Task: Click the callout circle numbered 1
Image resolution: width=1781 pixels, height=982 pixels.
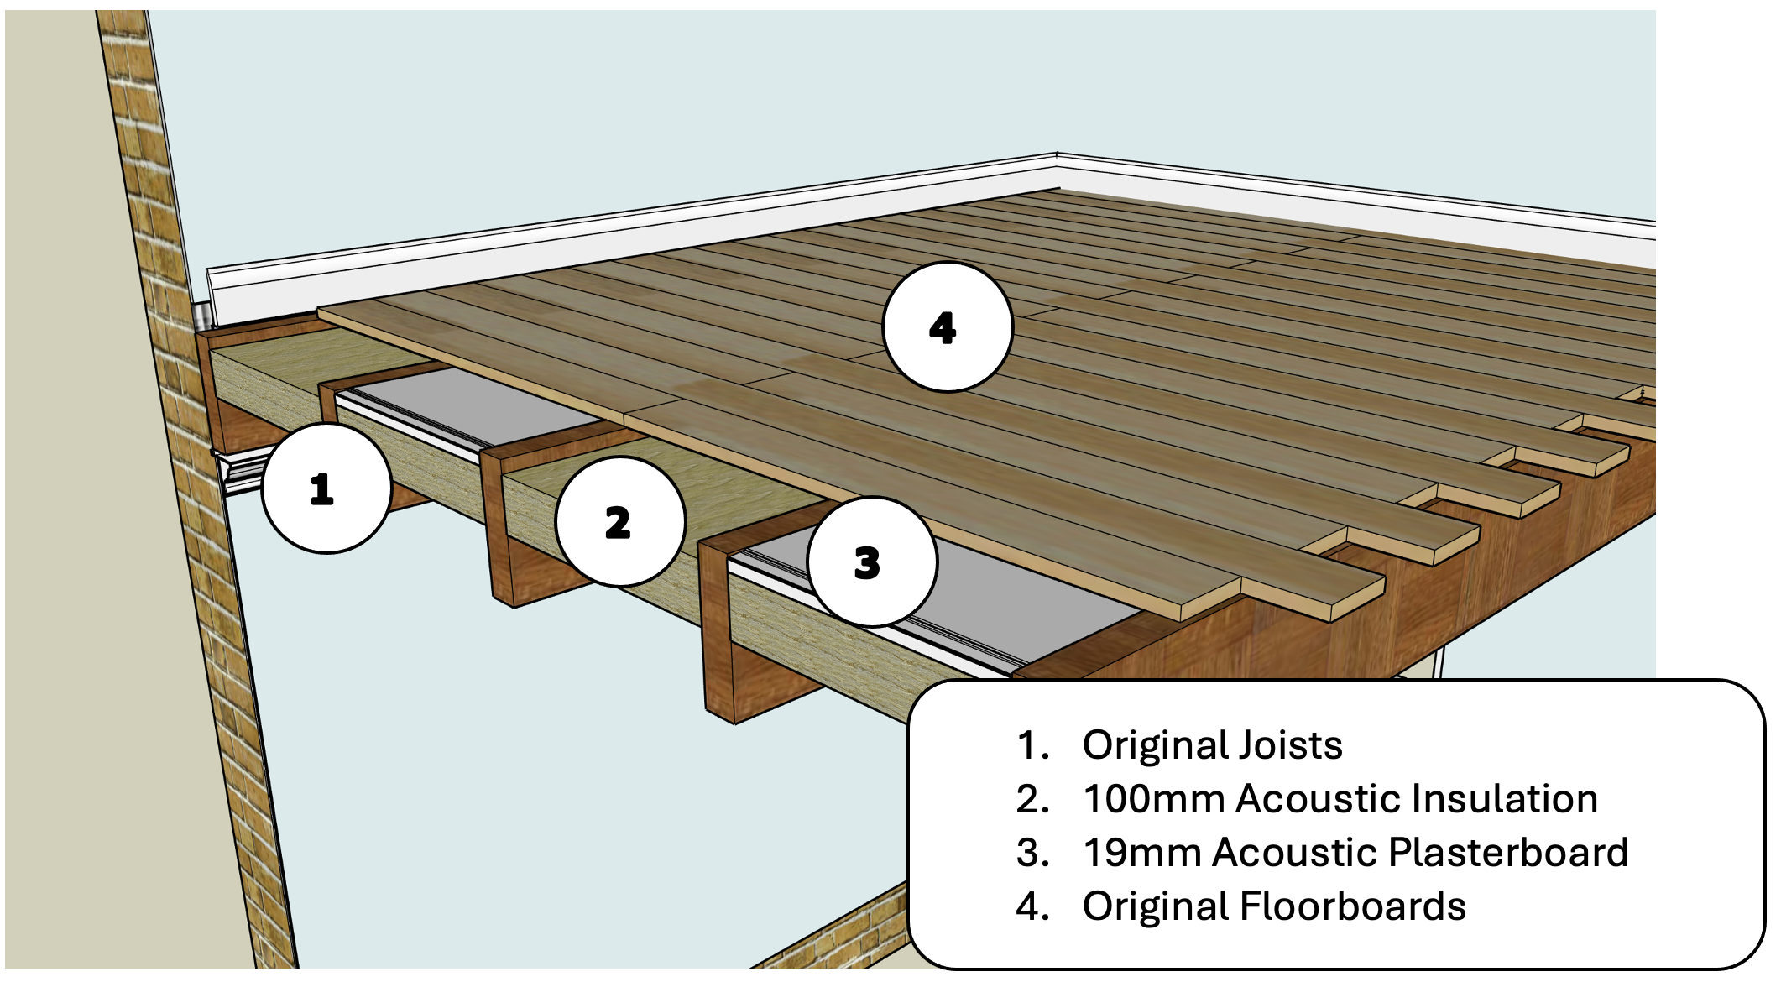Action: (326, 488)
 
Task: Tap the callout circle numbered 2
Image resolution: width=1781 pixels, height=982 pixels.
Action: (620, 522)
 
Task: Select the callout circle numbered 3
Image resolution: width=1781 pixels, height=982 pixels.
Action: (871, 562)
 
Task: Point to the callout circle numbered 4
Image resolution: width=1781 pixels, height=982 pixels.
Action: (947, 327)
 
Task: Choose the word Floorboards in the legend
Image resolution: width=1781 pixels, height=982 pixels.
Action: (1352, 906)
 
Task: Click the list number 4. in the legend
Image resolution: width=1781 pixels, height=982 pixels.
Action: (1032, 906)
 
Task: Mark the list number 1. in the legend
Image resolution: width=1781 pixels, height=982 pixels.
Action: (1032, 745)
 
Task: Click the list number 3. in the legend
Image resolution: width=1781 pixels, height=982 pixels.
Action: (1032, 853)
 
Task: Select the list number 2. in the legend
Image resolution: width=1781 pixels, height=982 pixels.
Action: (1032, 799)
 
